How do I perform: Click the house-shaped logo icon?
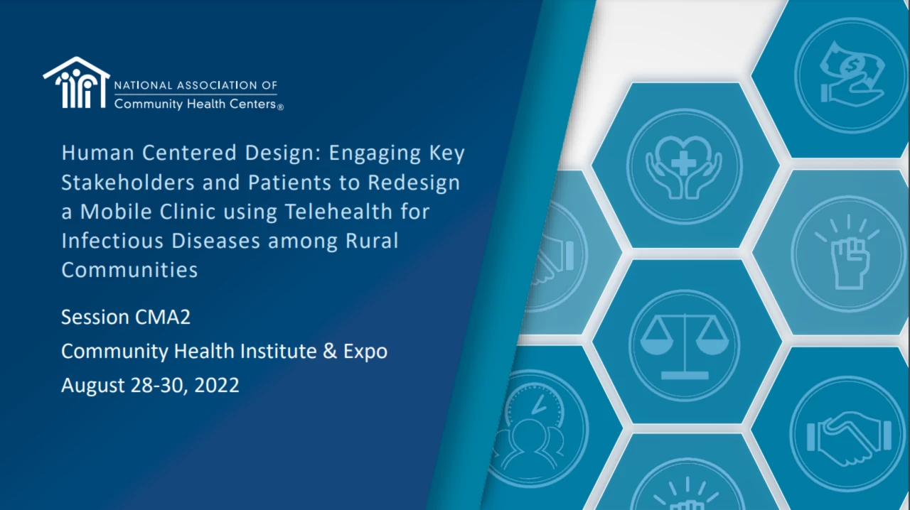point(76,82)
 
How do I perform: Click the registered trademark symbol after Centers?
point(280,107)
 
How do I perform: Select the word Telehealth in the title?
point(339,211)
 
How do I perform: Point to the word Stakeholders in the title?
point(128,182)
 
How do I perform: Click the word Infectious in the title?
point(112,240)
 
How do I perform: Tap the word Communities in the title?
point(129,270)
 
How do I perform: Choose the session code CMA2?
point(163,317)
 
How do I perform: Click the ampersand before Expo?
point(330,351)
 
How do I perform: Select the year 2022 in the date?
point(217,385)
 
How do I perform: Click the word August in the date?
point(93,386)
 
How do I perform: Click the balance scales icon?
point(685,347)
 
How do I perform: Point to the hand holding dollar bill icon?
point(852,75)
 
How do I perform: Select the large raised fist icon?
point(849,254)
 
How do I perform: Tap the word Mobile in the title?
point(116,211)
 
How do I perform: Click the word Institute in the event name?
point(278,351)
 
